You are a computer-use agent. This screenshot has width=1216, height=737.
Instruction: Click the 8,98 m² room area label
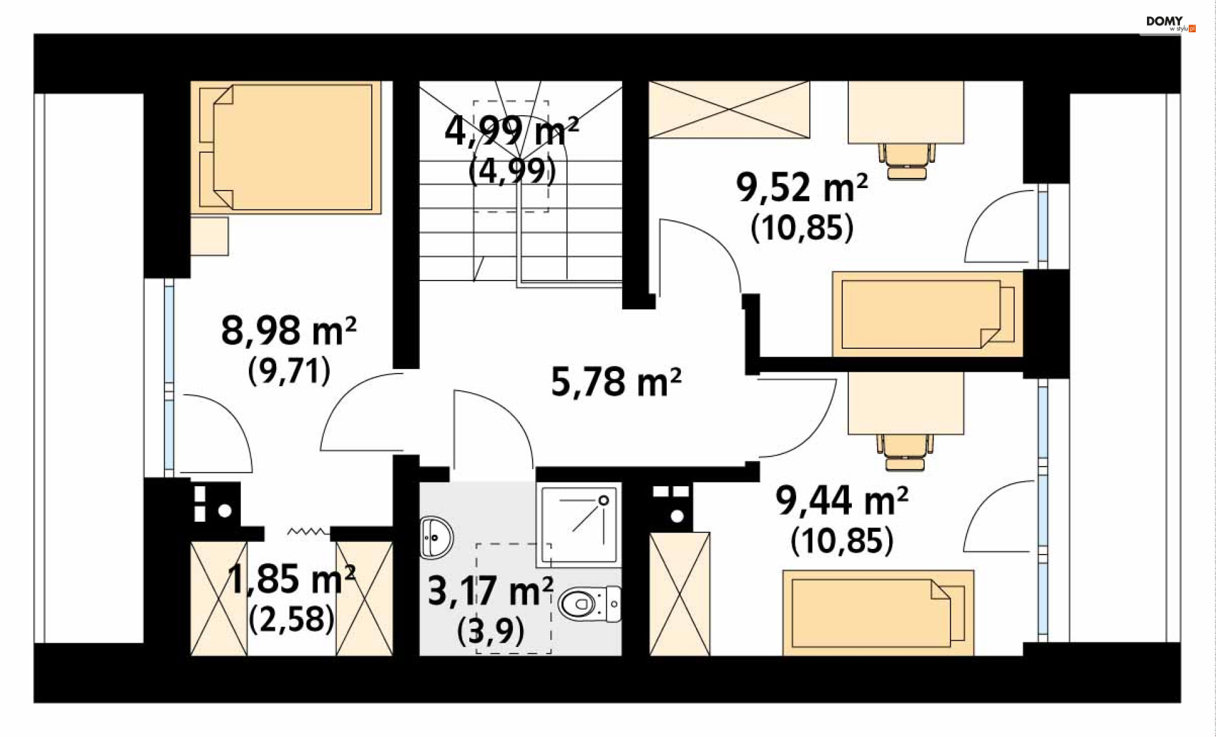coord(289,331)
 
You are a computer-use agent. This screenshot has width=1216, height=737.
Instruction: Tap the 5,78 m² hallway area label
coord(616,382)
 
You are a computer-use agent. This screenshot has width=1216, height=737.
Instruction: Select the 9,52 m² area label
coord(802,187)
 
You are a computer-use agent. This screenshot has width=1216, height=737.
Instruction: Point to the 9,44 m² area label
coord(842,500)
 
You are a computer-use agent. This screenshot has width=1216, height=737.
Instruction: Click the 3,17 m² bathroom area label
coord(491,591)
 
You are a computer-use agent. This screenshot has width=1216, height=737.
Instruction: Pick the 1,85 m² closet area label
coord(291,579)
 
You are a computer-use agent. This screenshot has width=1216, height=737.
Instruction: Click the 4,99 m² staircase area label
coord(512,131)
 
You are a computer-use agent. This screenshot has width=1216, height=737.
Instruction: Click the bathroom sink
coord(436,538)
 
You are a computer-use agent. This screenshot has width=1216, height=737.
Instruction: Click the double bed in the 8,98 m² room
coord(286,147)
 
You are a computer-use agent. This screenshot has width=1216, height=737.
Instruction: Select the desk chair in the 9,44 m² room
coord(905,452)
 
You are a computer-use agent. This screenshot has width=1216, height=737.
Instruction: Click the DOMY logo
coord(1170,23)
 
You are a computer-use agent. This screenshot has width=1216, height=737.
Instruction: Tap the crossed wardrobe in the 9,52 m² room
coord(729,110)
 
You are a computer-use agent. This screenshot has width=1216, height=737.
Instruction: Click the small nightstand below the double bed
coord(210,236)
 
